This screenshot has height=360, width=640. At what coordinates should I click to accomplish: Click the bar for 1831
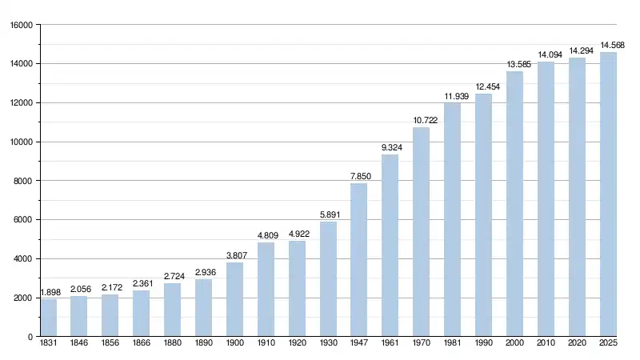click(x=48, y=318)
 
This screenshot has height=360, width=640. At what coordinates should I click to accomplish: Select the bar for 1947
click(x=358, y=260)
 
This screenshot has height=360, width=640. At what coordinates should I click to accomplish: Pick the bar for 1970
click(x=421, y=232)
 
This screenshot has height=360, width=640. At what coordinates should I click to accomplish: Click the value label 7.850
click(x=358, y=177)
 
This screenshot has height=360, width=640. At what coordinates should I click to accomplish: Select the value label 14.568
click(x=612, y=45)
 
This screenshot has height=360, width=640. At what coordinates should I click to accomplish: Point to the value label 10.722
click(x=421, y=120)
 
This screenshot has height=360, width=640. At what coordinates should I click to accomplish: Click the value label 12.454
click(x=483, y=86)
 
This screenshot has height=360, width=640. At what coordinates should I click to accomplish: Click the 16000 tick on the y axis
click(x=20, y=25)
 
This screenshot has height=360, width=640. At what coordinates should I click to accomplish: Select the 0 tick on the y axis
click(x=29, y=337)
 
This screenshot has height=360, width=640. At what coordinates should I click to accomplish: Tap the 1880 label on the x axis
click(x=172, y=345)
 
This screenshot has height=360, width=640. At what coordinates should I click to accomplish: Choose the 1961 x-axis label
click(x=390, y=345)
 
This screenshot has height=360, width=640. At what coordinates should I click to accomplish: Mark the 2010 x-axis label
click(x=546, y=345)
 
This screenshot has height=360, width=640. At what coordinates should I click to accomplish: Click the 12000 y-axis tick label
click(x=20, y=103)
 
